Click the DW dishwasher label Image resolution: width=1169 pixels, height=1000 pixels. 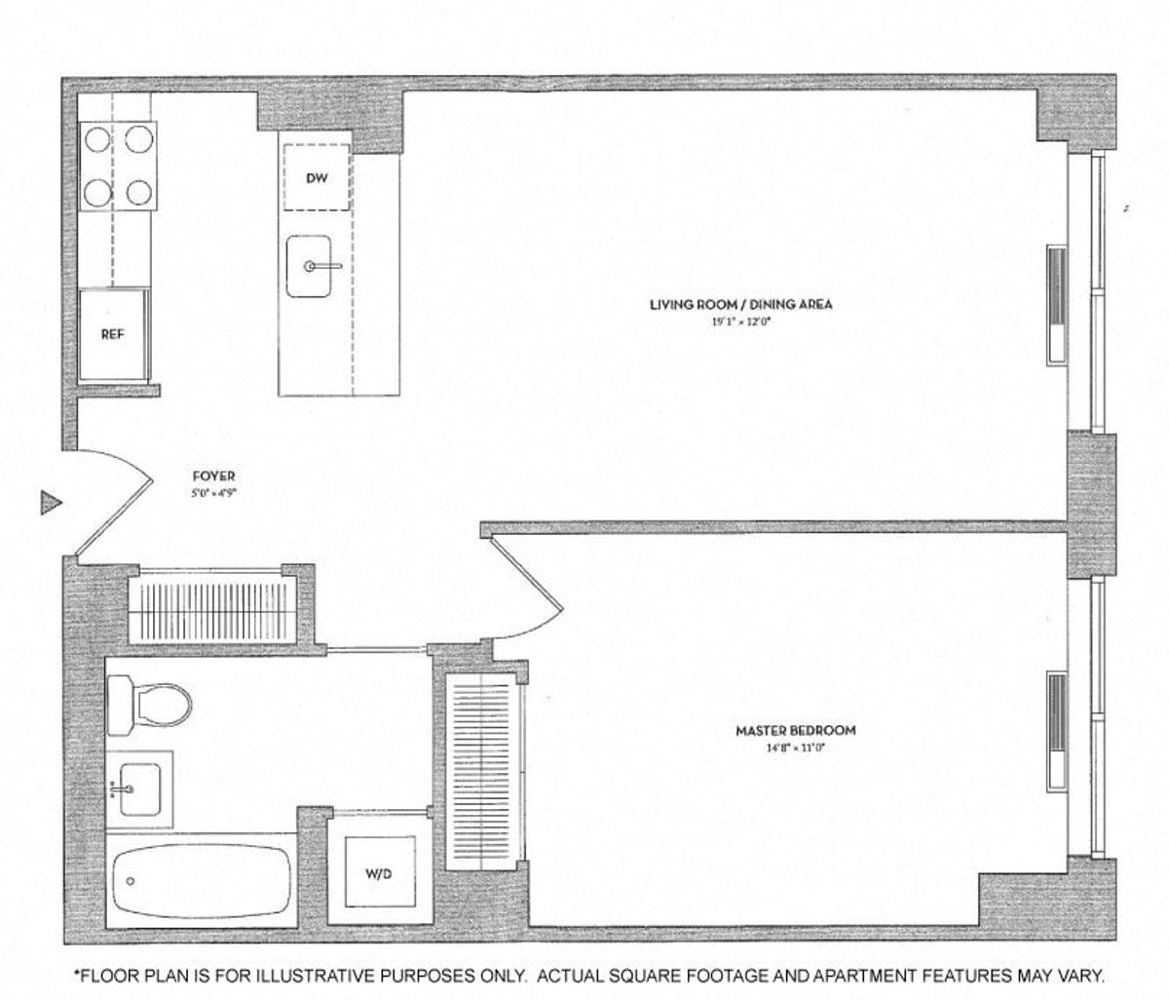pos(316,177)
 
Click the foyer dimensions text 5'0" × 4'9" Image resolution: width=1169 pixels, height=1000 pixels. pos(213,492)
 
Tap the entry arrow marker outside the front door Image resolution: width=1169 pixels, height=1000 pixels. pos(50,503)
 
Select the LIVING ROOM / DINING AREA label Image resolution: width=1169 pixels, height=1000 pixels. pos(740,305)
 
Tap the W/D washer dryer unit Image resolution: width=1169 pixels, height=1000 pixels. pos(379,873)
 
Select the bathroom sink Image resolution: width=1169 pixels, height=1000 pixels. pos(136,788)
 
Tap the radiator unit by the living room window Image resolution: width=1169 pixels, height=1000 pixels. pos(1055,305)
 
